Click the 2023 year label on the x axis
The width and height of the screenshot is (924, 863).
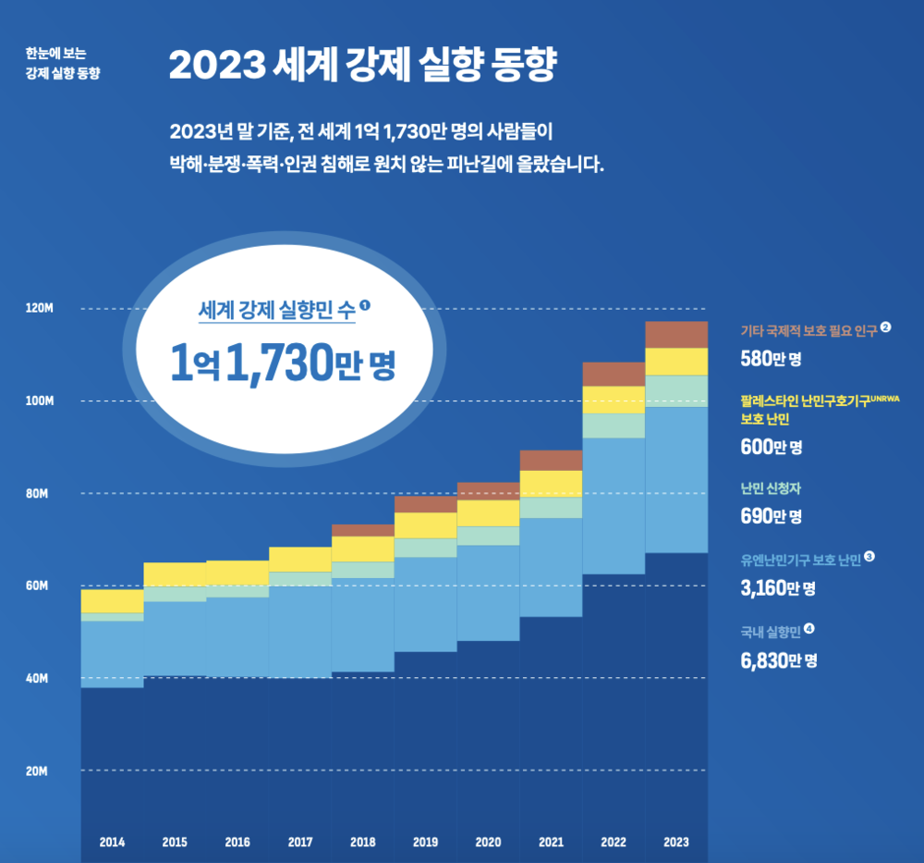coord(676,842)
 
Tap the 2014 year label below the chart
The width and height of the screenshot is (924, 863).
coord(112,842)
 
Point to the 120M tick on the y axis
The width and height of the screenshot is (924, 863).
coord(39,308)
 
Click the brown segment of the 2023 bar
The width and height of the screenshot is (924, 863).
coord(676,334)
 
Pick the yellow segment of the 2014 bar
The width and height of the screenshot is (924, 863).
coord(112,600)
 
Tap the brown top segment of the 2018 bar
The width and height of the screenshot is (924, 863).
coord(362,530)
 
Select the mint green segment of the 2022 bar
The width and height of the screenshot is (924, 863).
coord(614,425)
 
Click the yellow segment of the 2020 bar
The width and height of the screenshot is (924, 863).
coord(488,512)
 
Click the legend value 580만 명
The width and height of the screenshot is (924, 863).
coord(771,358)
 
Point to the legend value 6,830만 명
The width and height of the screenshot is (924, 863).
coord(778,660)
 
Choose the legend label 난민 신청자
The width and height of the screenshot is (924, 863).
coord(772,487)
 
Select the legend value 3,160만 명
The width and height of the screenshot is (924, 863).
coord(778,587)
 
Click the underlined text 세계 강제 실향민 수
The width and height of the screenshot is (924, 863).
coord(276,311)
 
